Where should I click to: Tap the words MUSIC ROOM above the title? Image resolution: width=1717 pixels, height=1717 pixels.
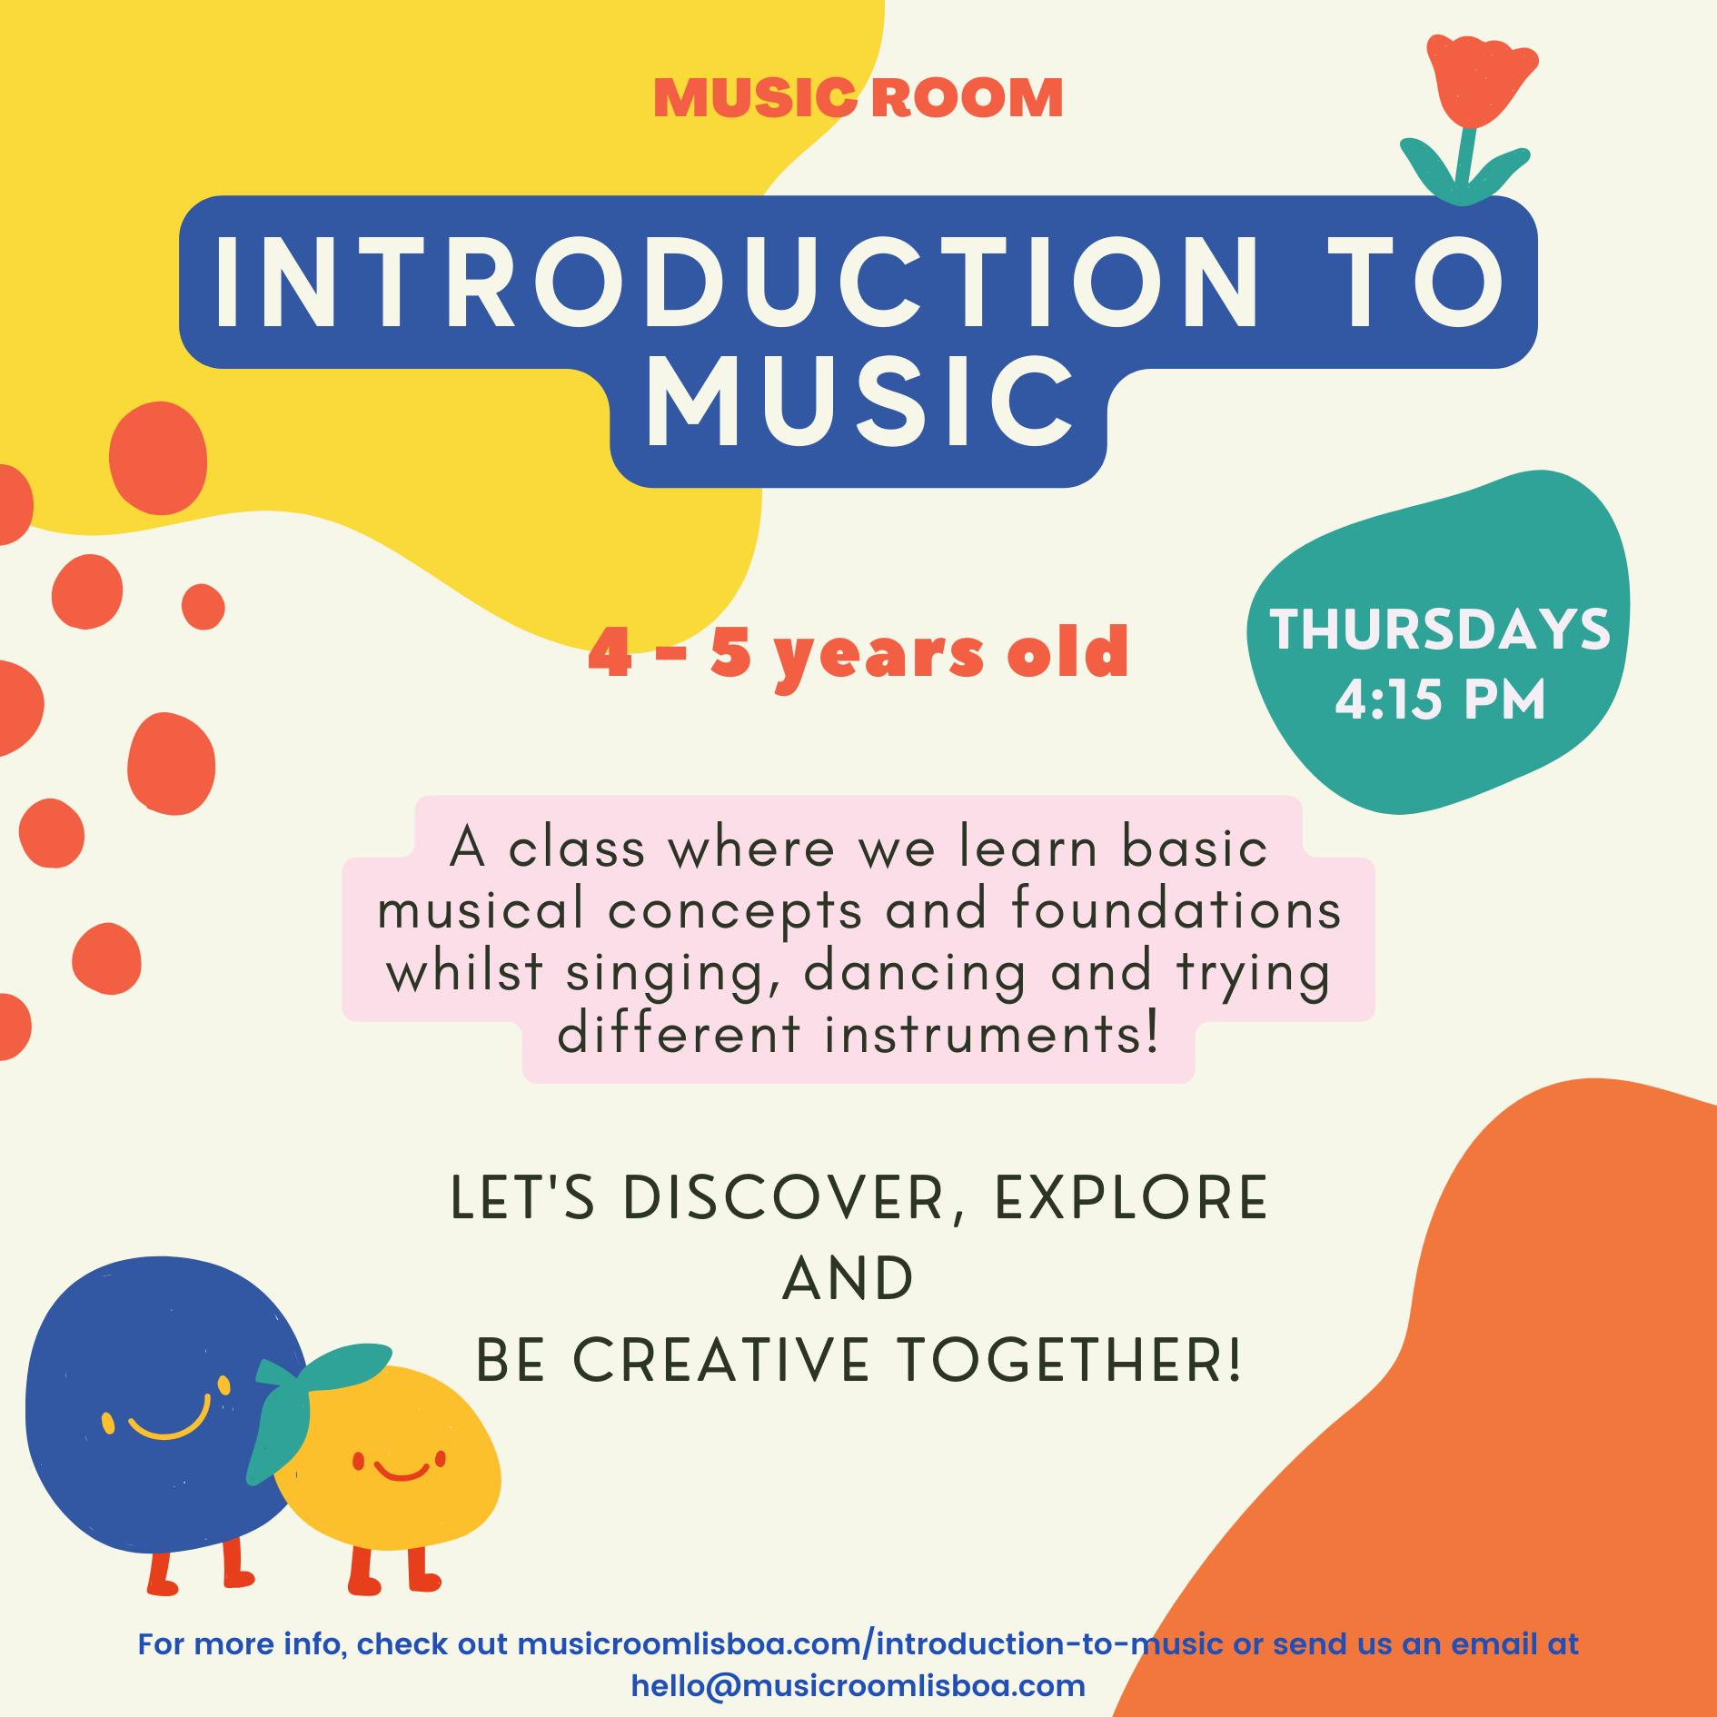[858, 98]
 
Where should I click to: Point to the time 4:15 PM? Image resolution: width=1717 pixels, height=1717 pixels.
[1440, 700]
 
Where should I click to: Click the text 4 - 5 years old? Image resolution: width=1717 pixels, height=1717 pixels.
[858, 652]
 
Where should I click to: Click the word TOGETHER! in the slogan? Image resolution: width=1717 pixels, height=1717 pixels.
[1070, 1360]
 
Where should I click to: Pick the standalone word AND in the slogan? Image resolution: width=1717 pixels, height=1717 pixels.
[849, 1278]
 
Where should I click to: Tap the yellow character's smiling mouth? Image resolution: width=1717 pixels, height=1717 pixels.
[402, 1471]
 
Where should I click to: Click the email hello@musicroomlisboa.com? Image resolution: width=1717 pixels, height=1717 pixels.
[858, 1685]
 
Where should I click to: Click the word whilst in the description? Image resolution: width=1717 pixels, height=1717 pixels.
[464, 970]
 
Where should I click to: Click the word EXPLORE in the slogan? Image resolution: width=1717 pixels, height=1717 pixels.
[1132, 1197]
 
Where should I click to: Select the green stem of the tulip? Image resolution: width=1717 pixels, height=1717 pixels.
[1464, 160]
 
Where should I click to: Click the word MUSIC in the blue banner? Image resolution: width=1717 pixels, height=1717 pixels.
[859, 403]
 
